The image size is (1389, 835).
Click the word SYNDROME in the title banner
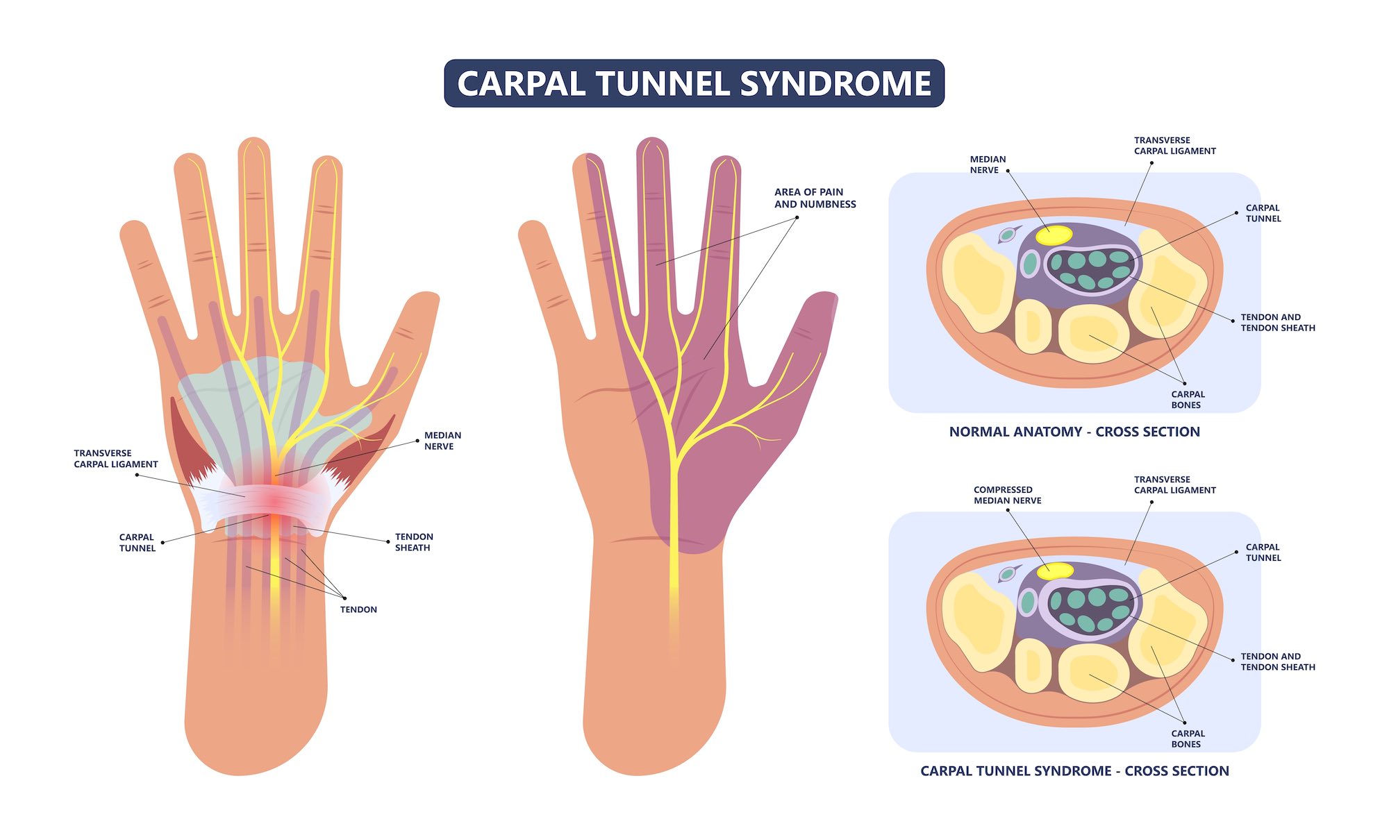[x=835, y=84]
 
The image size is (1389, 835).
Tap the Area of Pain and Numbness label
[x=815, y=198]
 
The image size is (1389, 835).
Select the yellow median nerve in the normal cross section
[x=1054, y=235]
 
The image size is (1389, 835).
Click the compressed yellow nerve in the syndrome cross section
[x=1055, y=571]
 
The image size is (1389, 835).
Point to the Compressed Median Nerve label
[x=1007, y=495]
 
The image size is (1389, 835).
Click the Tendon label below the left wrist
[x=358, y=609]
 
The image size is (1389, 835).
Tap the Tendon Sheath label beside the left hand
[x=414, y=542]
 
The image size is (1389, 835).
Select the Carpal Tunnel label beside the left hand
[x=137, y=543]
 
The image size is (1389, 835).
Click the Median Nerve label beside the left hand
[x=442, y=441]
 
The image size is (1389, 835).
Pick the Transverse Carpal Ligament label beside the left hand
[x=116, y=459]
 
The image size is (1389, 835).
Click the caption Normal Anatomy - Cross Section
[x=1074, y=432]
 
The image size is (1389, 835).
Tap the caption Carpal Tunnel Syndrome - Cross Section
[x=1074, y=771]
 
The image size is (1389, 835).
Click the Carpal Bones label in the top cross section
[x=1188, y=400]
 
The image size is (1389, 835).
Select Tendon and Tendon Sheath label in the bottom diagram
[x=1277, y=661]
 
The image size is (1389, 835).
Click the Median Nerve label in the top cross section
[x=987, y=165]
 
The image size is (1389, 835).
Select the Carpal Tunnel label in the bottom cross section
[x=1263, y=553]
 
